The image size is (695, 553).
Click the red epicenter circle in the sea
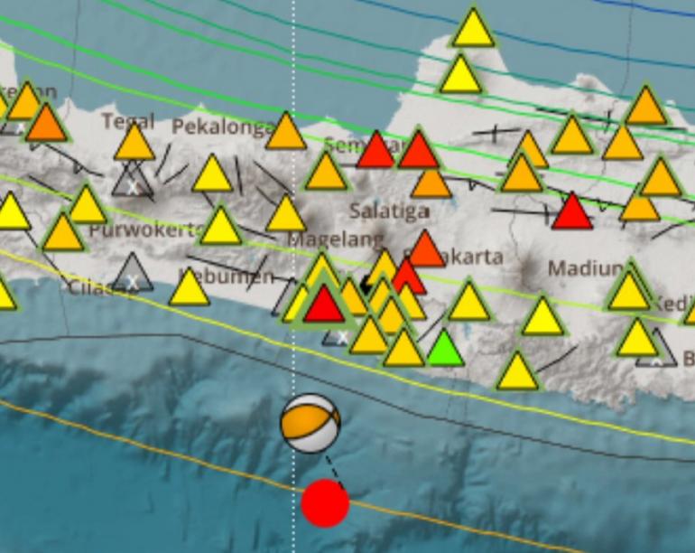325,503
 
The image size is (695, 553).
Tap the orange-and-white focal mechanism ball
310,423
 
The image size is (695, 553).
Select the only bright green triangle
444,349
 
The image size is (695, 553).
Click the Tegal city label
128,121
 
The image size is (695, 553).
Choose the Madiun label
586,269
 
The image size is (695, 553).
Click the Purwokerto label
144,230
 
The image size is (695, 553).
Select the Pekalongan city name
222,127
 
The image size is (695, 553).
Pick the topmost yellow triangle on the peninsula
473,28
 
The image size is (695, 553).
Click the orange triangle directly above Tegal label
134,143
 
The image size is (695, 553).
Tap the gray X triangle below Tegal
133,182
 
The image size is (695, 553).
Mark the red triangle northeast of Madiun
571,211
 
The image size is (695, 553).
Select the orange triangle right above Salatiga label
431,182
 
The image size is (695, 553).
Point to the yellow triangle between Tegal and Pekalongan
213,174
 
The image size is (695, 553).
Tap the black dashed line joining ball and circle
333,469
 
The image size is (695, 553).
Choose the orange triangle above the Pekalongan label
286,132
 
